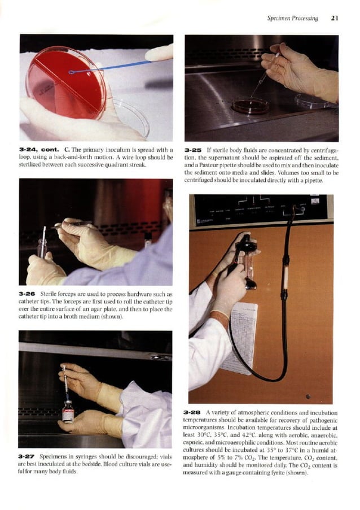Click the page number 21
(334, 19)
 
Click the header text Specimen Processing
(292, 19)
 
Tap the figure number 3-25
(194, 150)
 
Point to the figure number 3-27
(29, 456)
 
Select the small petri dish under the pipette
(250, 104)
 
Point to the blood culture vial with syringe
(68, 412)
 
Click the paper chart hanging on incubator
(238, 336)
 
